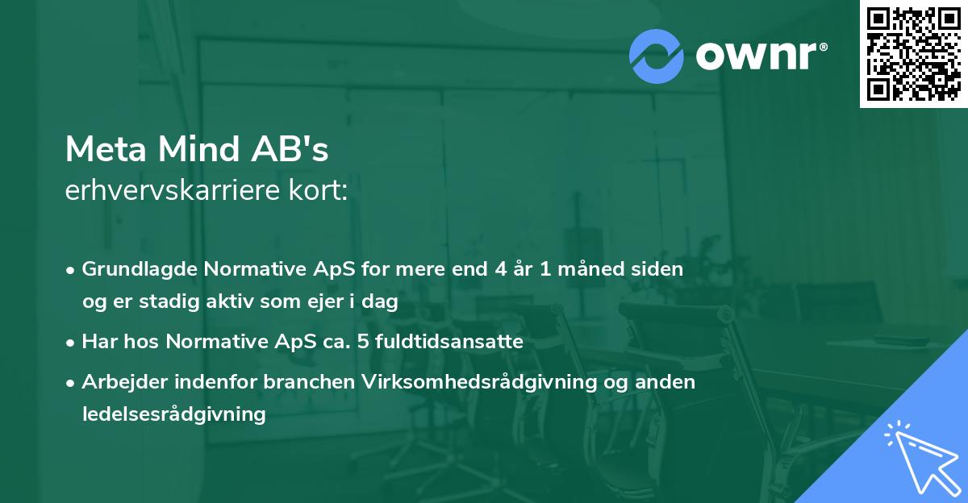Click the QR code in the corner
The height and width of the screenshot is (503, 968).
(913, 54)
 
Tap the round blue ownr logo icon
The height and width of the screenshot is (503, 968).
(657, 56)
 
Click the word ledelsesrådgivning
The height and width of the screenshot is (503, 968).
(173, 414)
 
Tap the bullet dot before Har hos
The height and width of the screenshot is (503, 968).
(71, 342)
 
